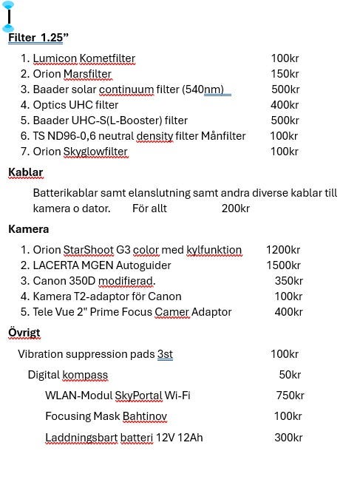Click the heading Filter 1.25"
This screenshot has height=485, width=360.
[x=38, y=38]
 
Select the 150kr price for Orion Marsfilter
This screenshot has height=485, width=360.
[x=285, y=74]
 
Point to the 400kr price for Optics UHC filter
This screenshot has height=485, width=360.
[x=285, y=105]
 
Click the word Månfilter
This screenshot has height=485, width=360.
[x=223, y=136]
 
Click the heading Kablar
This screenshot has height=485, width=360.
[x=26, y=172]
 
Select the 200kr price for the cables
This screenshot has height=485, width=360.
[x=235, y=208]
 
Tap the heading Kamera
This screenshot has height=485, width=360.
[x=29, y=229]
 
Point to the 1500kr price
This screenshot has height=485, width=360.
[x=283, y=265]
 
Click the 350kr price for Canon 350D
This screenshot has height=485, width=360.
[x=288, y=281]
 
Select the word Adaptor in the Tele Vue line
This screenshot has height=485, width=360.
[x=211, y=312]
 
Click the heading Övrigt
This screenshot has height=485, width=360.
[x=24, y=333]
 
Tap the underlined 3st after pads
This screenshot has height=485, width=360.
[x=165, y=354]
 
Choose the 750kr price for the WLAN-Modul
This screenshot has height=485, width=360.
[x=290, y=396]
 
